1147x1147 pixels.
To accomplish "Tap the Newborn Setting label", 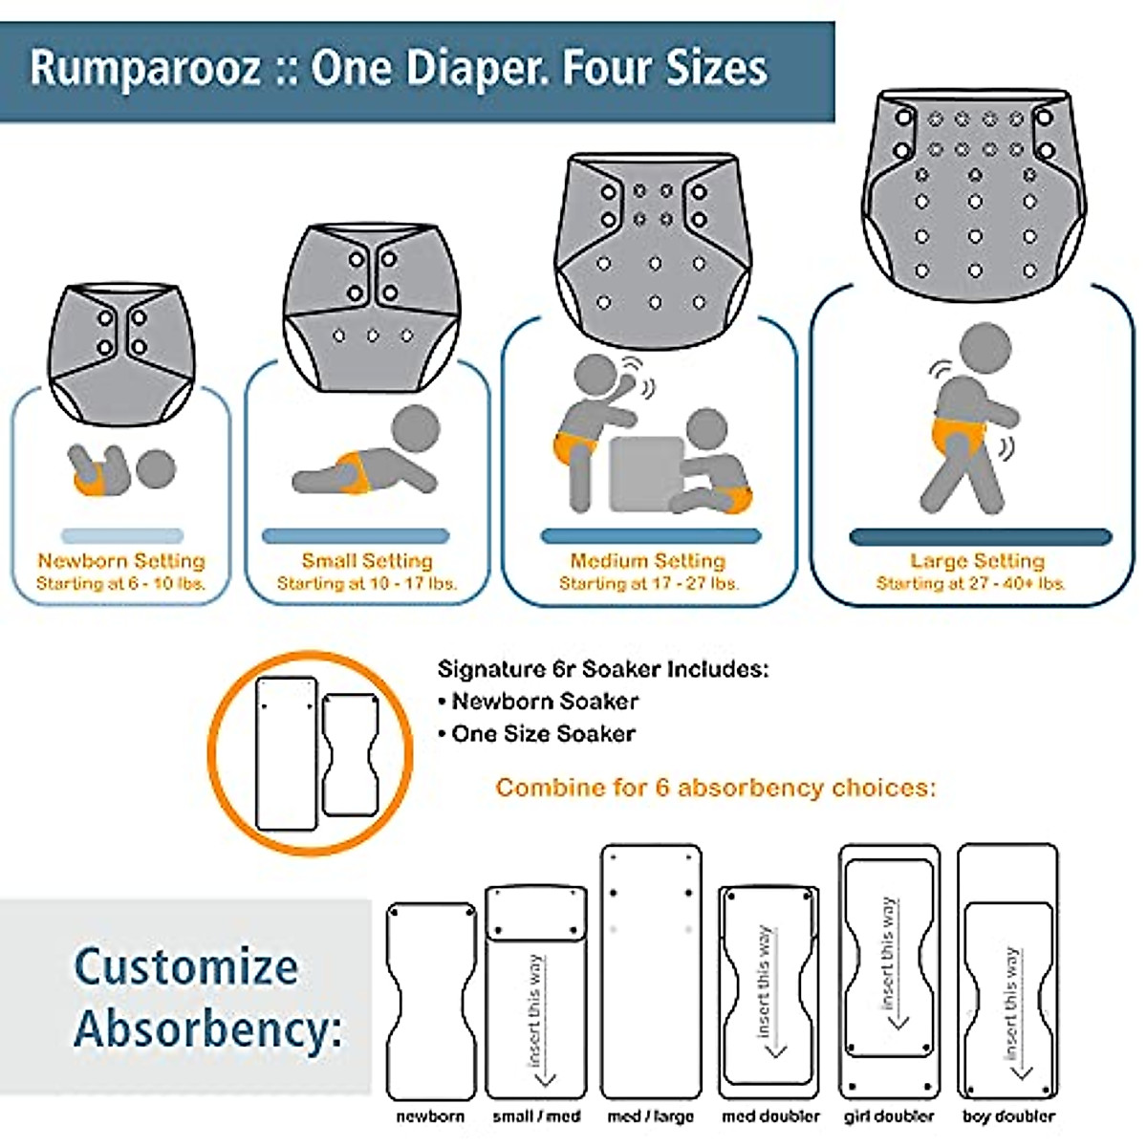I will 121,561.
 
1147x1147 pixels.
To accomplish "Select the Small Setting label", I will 367,561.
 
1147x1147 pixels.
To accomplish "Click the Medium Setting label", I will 648,561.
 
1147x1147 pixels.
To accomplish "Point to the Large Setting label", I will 977,561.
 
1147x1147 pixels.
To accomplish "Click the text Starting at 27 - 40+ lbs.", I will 971,583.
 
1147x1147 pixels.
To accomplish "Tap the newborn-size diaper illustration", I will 121,354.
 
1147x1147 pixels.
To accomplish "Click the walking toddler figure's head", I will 985,349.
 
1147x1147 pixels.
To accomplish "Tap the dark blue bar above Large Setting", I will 981,537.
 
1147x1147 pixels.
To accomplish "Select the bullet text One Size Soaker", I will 543,734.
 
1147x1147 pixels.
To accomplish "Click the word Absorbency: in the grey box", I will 208,1029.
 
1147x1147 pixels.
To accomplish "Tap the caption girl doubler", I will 889,1116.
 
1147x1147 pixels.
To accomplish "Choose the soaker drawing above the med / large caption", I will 650,970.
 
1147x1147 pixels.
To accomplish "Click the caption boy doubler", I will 1008,1116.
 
